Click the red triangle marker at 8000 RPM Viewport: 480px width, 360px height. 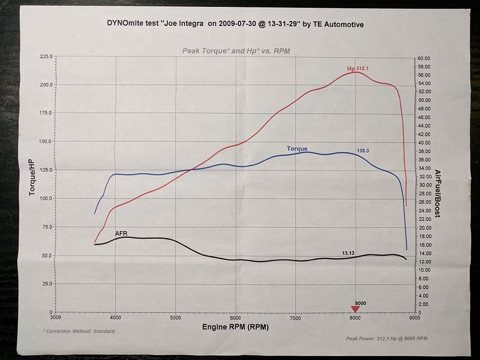[355, 309]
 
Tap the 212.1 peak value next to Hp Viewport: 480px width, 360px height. [362, 69]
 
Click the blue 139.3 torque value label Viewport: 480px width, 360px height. [363, 151]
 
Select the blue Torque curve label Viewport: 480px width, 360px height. [297, 148]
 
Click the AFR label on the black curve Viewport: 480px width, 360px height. [121, 233]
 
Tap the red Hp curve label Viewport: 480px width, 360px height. [351, 69]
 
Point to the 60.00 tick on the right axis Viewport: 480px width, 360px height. [425, 58]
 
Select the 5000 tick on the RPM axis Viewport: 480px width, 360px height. [176, 318]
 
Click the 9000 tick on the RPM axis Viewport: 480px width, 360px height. [414, 318]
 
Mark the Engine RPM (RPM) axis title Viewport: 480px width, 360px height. [236, 327]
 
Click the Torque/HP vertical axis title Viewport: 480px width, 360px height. [32, 185]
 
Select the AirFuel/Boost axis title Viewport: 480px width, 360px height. [437, 193]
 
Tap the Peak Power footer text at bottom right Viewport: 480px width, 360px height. [386, 338]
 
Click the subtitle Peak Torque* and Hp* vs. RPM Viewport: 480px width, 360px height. [236, 50]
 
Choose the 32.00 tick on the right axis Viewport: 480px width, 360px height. [425, 177]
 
